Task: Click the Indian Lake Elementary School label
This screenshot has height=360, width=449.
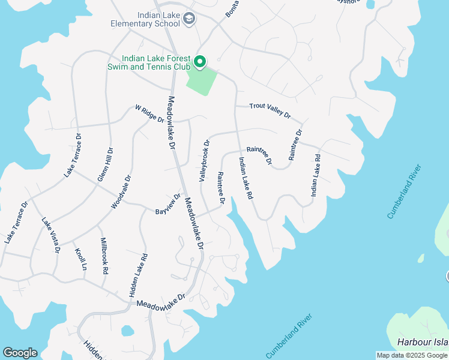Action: [145, 19]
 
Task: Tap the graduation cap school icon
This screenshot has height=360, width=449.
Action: [190, 19]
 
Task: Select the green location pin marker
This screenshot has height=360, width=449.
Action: [199, 61]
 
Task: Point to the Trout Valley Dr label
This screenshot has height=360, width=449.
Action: [270, 110]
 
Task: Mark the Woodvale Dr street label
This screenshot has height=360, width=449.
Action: [121, 192]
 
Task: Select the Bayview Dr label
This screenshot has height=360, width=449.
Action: [168, 205]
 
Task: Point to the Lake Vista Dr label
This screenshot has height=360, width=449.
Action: [50, 235]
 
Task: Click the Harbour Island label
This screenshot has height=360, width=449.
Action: [423, 342]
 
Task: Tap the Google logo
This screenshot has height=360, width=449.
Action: [20, 353]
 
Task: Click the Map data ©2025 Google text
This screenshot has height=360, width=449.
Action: [411, 355]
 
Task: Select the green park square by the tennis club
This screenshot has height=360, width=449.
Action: [201, 80]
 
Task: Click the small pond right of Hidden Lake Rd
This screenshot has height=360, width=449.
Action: [127, 331]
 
